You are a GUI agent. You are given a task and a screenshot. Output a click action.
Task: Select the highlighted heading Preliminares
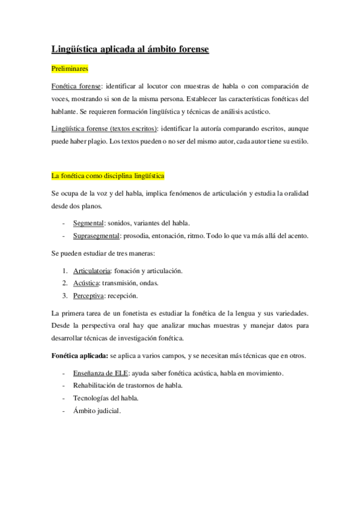click(x=70, y=70)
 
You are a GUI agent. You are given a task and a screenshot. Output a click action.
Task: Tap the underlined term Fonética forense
click(x=76, y=87)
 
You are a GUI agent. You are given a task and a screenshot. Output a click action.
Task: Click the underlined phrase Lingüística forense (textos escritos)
click(x=105, y=129)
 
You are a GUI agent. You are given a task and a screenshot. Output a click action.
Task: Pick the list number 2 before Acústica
click(x=64, y=283)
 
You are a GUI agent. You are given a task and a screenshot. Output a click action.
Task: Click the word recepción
click(x=123, y=296)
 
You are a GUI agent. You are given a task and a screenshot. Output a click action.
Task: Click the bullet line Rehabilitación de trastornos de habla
click(x=127, y=386)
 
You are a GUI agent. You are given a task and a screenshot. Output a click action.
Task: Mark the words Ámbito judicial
click(x=96, y=411)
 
